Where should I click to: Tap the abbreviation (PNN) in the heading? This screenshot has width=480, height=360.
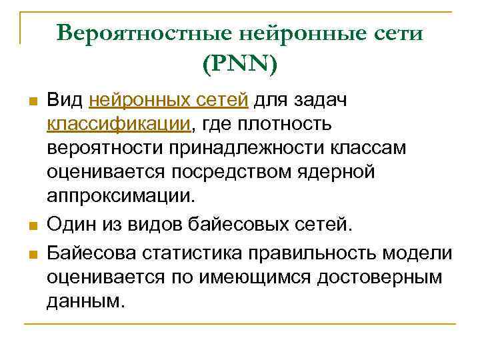[239, 64]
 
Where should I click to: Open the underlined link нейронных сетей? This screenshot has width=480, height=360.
[169, 100]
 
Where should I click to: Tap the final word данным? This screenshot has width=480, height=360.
[85, 301]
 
